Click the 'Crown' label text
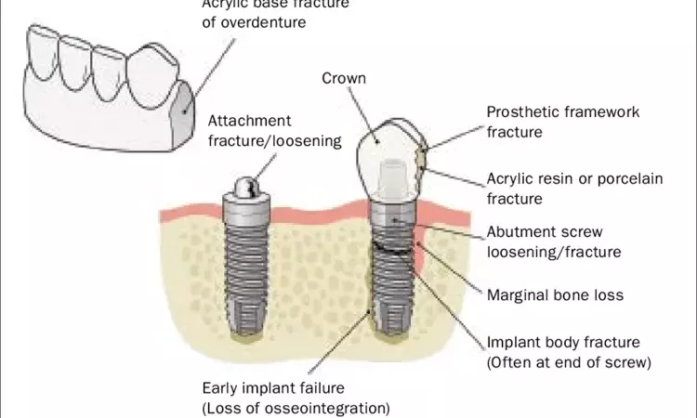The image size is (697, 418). [343, 79]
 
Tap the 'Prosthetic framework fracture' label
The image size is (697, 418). [563, 122]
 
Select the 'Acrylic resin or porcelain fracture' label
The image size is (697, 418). [574, 189]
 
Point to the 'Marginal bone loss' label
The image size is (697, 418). [555, 295]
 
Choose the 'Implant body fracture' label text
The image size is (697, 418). [563, 343]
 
